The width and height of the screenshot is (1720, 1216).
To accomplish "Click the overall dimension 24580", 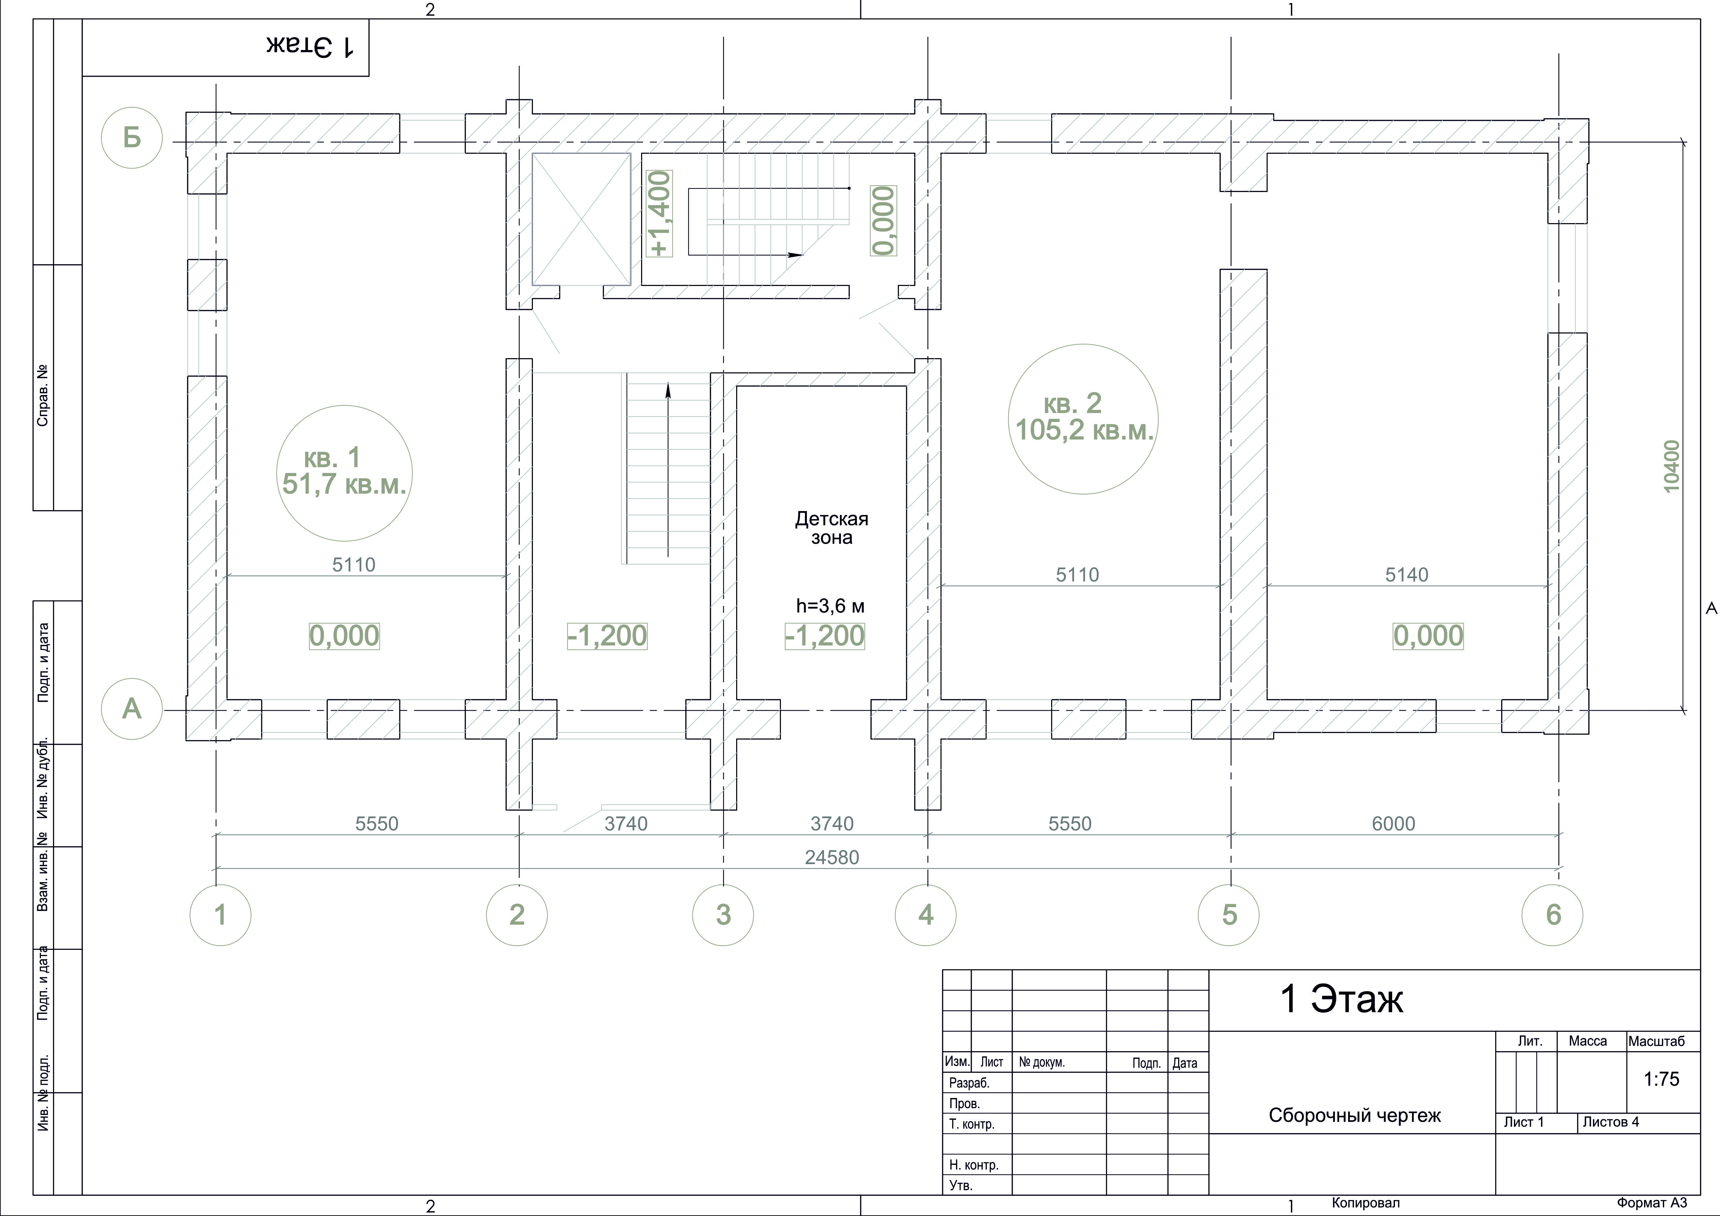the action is [x=832, y=857].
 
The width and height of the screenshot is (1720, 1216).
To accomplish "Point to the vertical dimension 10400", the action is [x=1671, y=466].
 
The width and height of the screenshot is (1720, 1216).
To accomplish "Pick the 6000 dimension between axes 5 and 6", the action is [x=1393, y=824].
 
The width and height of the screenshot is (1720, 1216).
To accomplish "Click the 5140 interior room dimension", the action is [x=1406, y=575].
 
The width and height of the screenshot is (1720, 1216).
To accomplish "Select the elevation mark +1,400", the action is [x=660, y=213].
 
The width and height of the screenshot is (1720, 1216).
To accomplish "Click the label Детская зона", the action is [x=832, y=528].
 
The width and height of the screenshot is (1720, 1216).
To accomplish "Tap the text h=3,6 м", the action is [x=830, y=605].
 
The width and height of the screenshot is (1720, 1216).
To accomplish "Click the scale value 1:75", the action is [x=1662, y=1079].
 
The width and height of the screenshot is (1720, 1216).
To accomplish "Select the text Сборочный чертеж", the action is [x=1354, y=1116].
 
